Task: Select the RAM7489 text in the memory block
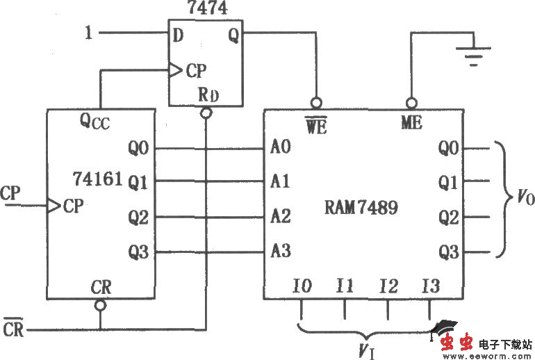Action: (x=362, y=207)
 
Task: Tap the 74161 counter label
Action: (x=97, y=179)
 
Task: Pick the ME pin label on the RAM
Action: (x=411, y=124)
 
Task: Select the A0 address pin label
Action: (x=281, y=148)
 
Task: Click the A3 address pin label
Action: (x=281, y=252)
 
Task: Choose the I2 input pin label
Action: (x=388, y=285)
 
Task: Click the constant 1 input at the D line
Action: (x=88, y=32)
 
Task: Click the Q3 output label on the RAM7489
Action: (x=448, y=252)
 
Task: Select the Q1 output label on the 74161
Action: (x=138, y=182)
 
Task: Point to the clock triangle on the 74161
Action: (x=53, y=205)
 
